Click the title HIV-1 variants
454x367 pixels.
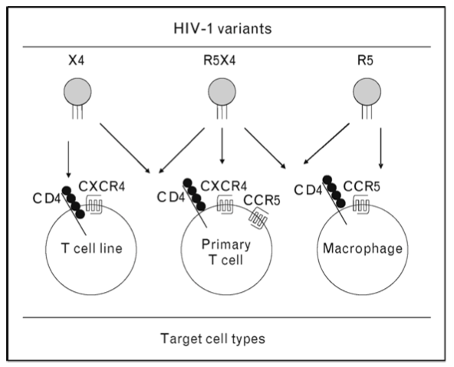(x=222, y=28)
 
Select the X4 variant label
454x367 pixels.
(x=77, y=61)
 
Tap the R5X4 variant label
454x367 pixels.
(x=219, y=61)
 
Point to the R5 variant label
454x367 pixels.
(x=365, y=61)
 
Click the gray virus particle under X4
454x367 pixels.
(x=77, y=92)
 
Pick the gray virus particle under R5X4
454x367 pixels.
(x=222, y=92)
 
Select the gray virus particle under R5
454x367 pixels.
(x=367, y=92)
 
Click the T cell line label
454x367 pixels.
(x=92, y=248)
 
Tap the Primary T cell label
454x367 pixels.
(x=225, y=252)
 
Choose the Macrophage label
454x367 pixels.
(x=363, y=248)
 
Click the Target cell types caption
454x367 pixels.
(x=213, y=339)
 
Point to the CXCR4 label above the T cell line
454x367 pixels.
(x=102, y=186)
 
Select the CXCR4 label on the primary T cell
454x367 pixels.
(x=223, y=186)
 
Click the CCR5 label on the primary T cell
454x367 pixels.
(x=262, y=200)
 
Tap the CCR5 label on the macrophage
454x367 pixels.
(x=362, y=186)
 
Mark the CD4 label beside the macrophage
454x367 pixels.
(x=308, y=190)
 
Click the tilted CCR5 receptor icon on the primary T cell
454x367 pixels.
(x=258, y=219)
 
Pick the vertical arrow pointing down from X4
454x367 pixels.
(x=68, y=159)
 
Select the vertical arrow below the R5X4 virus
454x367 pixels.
(x=222, y=146)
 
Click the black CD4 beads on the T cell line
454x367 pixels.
(x=74, y=202)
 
